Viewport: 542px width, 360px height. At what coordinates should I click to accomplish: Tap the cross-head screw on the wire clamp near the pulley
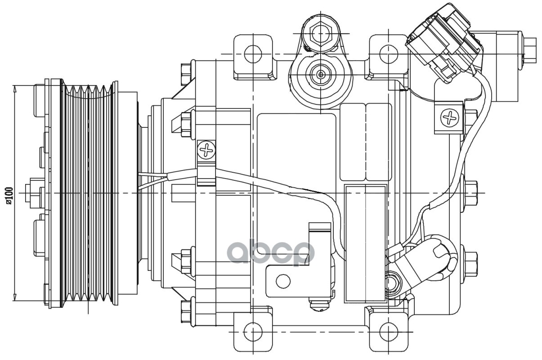(206, 149)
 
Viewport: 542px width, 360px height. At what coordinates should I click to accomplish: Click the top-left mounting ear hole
(253, 54)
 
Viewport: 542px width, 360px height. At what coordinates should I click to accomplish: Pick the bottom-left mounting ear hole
(253, 333)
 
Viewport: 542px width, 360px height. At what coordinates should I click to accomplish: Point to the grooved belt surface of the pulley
(88, 193)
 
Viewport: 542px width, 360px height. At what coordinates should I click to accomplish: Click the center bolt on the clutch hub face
(33, 193)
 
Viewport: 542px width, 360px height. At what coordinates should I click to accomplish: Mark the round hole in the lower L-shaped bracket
(283, 281)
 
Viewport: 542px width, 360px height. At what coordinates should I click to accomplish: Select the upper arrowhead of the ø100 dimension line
(15, 89)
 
